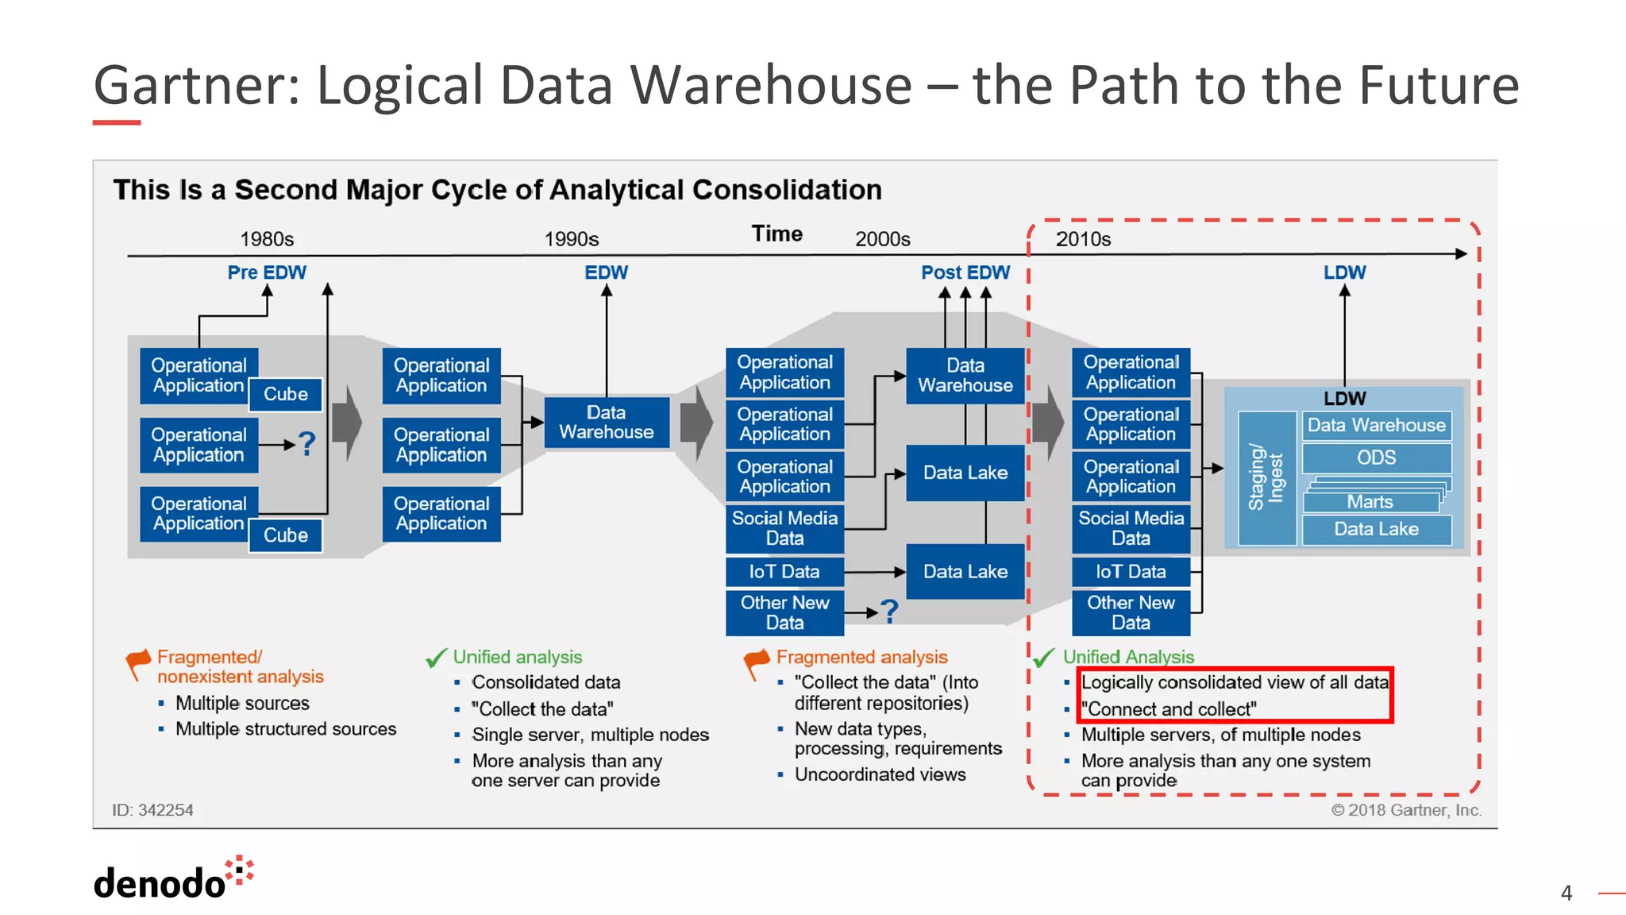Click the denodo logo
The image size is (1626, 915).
(173, 880)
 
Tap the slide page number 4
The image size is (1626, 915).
(1566, 893)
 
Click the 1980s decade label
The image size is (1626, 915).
(267, 239)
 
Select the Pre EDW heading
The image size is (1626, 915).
(267, 272)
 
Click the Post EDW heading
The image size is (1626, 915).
(965, 272)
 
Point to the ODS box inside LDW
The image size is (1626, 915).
(1376, 457)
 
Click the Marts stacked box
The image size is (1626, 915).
(1370, 502)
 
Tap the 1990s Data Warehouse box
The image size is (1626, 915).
(606, 423)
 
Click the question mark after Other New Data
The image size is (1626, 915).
(890, 611)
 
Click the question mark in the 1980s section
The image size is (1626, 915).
(306, 444)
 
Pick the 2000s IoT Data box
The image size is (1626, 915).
(784, 571)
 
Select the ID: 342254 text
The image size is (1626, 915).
(152, 810)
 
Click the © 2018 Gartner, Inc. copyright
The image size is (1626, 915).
(1406, 810)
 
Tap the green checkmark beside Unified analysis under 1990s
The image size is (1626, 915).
(437, 658)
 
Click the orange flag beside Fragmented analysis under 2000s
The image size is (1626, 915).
(757, 661)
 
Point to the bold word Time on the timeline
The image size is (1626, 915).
(776, 234)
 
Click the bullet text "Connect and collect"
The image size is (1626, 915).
(1169, 708)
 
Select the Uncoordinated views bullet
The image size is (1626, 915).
(880, 774)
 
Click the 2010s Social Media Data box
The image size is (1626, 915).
(1131, 528)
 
